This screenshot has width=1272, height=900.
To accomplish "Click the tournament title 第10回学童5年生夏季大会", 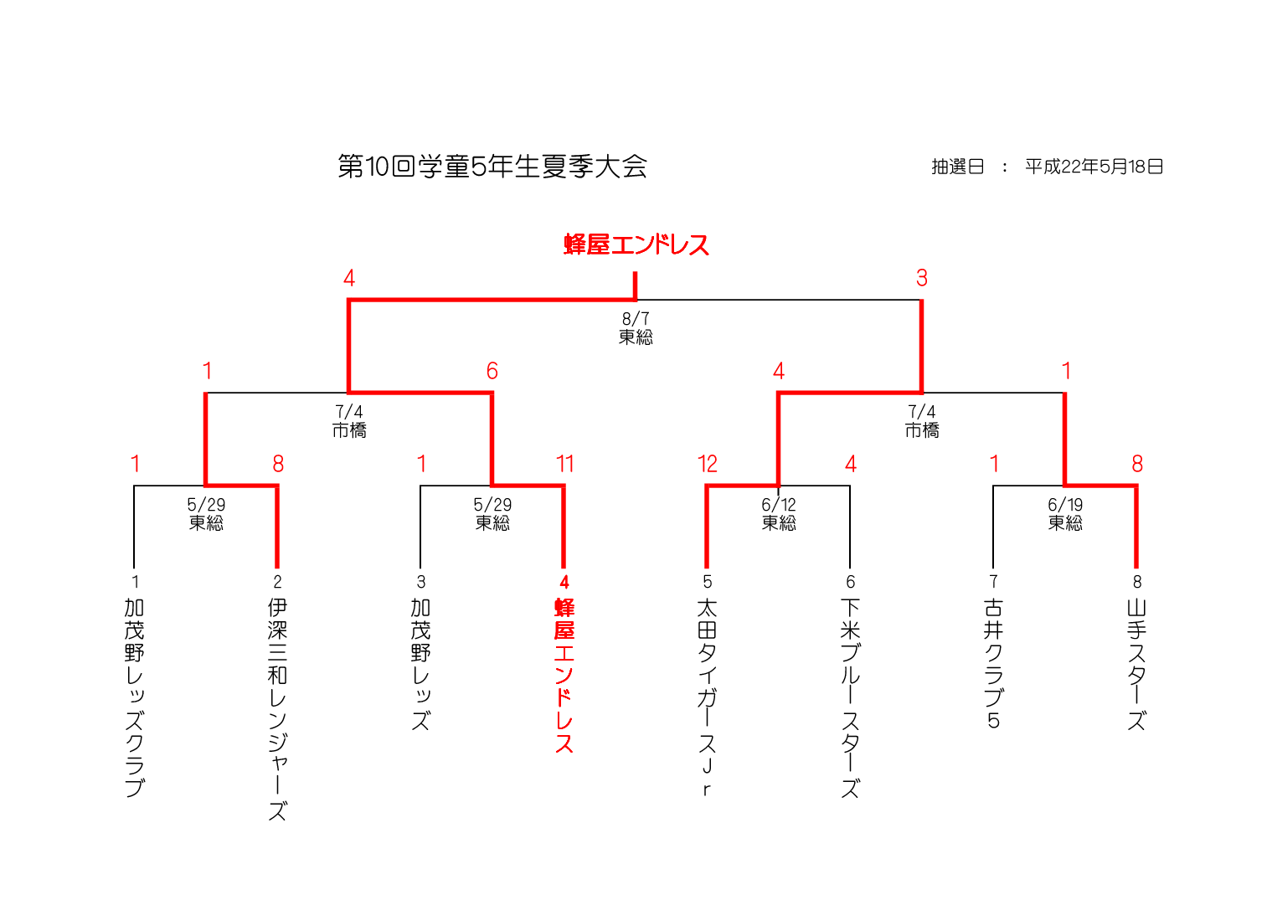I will [492, 167].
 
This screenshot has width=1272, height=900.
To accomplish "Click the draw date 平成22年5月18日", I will [1094, 167].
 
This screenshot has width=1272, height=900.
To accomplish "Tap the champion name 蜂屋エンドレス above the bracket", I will [636, 244].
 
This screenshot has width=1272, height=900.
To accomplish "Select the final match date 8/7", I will [636, 319].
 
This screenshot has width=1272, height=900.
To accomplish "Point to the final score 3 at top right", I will [921, 278].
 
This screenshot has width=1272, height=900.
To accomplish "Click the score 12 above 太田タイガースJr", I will [707, 464].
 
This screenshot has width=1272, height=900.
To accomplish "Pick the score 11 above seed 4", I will [564, 464].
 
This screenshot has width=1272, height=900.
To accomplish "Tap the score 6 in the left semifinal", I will [492, 371].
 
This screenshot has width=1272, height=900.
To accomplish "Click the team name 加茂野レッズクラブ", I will [134, 697].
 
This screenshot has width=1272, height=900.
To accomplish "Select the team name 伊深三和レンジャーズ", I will [277, 708].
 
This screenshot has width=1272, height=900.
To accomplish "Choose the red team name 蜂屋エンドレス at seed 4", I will [564, 675].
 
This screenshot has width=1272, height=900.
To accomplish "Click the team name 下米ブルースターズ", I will [850, 697].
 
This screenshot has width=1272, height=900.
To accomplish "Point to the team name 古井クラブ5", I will [993, 663].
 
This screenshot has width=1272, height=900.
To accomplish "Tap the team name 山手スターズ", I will [1136, 663].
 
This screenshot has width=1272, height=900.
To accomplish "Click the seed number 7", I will [993, 581].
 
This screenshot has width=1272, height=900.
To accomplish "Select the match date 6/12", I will [779, 505].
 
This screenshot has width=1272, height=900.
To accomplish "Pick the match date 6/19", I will [1065, 505].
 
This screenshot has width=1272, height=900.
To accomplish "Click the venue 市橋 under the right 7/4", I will [921, 430].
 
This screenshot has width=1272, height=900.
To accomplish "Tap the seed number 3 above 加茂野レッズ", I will [420, 581].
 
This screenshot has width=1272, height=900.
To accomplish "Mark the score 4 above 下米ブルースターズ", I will [850, 464].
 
